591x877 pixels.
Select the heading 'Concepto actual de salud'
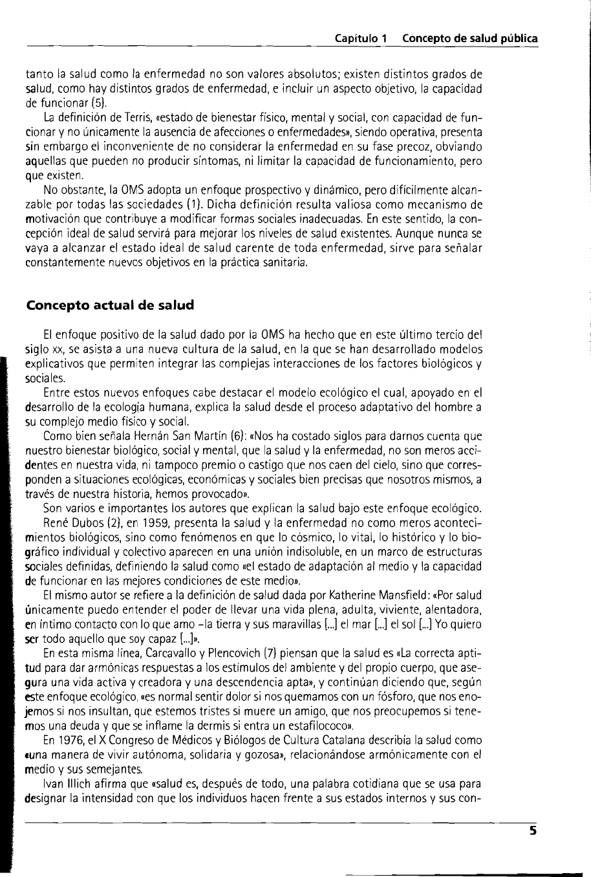(110, 305)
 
